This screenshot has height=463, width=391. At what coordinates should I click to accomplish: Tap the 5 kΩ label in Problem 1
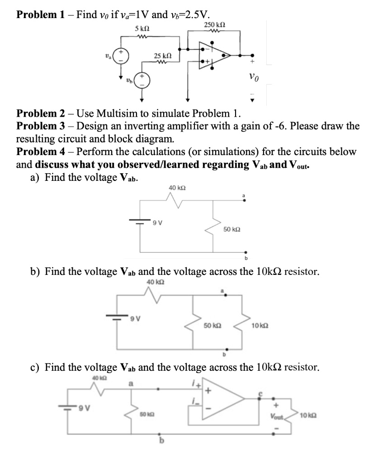coord(142,28)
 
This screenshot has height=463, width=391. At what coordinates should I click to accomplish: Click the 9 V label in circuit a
coord(157,222)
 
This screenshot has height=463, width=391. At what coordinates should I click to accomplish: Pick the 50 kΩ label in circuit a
coord(231,230)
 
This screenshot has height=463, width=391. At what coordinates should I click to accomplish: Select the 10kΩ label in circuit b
coord(261,326)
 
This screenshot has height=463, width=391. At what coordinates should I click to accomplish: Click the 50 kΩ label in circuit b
coord(212,325)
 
